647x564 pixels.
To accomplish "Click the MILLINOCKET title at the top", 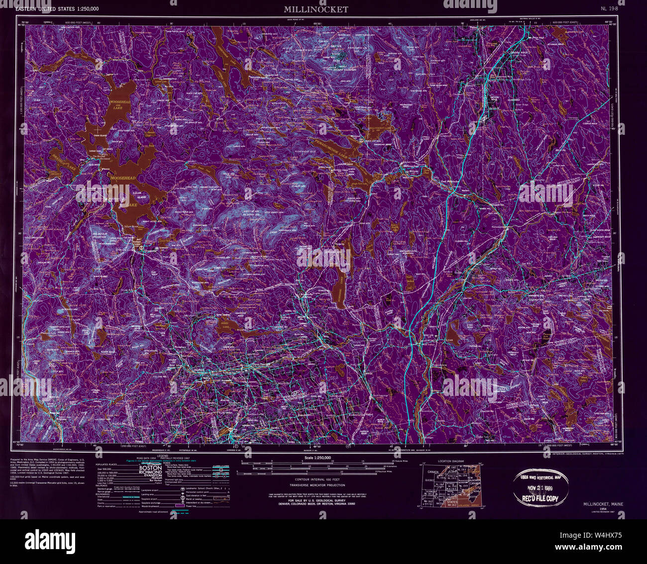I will [316, 9].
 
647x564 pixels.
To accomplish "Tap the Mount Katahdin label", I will [343, 70].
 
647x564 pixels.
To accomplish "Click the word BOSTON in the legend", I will [149, 469].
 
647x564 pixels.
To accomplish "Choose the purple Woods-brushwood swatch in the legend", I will [180, 505].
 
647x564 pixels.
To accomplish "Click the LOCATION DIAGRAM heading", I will [451, 461].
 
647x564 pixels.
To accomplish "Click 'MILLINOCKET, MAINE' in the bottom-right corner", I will [604, 504].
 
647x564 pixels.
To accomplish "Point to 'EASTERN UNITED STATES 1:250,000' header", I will [57, 9].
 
